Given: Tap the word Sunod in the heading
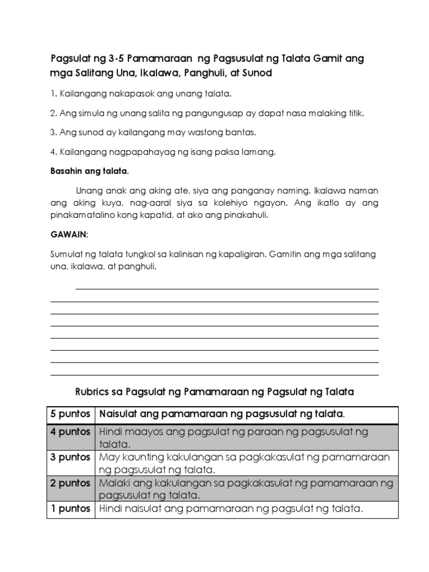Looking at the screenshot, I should click(x=256, y=74).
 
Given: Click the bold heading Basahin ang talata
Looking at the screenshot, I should click(x=89, y=170).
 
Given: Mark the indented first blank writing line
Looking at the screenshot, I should click(x=227, y=289).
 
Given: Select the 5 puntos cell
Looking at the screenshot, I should click(x=70, y=414).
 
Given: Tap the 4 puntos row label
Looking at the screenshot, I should click(x=70, y=432).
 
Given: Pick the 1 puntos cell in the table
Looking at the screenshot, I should click(x=70, y=509).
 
